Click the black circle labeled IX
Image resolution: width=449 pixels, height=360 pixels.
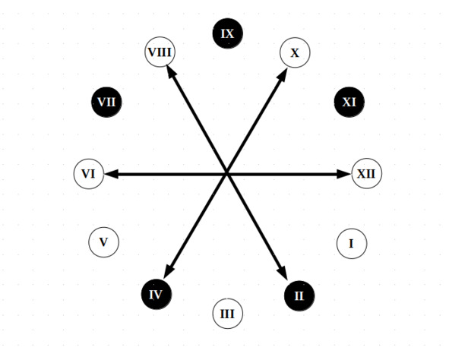point(228,33)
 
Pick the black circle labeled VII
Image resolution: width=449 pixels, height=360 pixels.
point(106,103)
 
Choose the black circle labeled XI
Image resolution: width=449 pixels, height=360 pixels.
point(349,103)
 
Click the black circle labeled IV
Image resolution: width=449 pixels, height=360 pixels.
point(157,294)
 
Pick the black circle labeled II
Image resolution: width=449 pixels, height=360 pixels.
point(299,295)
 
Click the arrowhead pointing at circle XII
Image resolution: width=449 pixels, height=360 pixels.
point(343,174)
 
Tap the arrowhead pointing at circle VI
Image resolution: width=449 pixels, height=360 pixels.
point(112,174)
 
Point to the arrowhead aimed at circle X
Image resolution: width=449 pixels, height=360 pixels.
point(283,74)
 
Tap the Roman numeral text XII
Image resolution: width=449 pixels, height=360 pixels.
point(366,174)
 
